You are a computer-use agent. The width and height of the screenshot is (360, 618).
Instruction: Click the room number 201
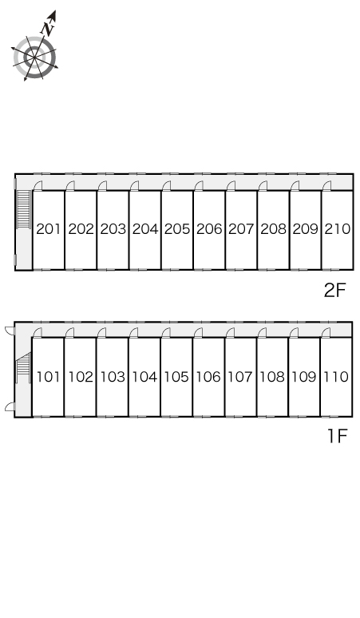(49, 228)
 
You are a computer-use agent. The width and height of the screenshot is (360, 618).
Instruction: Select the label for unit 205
(177, 228)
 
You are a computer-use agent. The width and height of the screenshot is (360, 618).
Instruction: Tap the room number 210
(338, 228)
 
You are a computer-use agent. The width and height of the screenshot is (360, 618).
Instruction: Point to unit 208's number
(273, 228)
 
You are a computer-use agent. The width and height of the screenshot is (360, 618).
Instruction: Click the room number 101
(49, 377)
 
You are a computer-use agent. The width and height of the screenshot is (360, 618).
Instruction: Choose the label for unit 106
(208, 377)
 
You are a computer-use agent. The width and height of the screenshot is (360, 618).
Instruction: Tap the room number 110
(336, 377)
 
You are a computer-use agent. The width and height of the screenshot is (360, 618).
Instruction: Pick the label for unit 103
(113, 377)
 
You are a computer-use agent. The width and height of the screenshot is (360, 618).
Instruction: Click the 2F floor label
(334, 291)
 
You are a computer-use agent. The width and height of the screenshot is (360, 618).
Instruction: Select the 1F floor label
(338, 436)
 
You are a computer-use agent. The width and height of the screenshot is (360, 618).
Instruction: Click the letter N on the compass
(48, 29)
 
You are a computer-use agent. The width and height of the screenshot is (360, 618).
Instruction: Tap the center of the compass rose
(34, 57)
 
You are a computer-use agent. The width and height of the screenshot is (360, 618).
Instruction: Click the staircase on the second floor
(24, 209)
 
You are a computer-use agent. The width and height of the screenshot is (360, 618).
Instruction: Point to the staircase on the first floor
(23, 368)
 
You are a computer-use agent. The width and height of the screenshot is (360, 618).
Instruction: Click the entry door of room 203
(102, 185)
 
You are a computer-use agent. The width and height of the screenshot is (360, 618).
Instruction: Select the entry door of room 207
(231, 185)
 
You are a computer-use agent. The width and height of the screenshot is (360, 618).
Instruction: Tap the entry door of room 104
(134, 333)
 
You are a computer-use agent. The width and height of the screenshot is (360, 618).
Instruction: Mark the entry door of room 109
(294, 333)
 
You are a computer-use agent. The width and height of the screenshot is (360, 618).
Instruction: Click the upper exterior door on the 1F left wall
(10, 331)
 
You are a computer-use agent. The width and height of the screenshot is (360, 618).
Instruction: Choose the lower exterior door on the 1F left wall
(10, 407)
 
